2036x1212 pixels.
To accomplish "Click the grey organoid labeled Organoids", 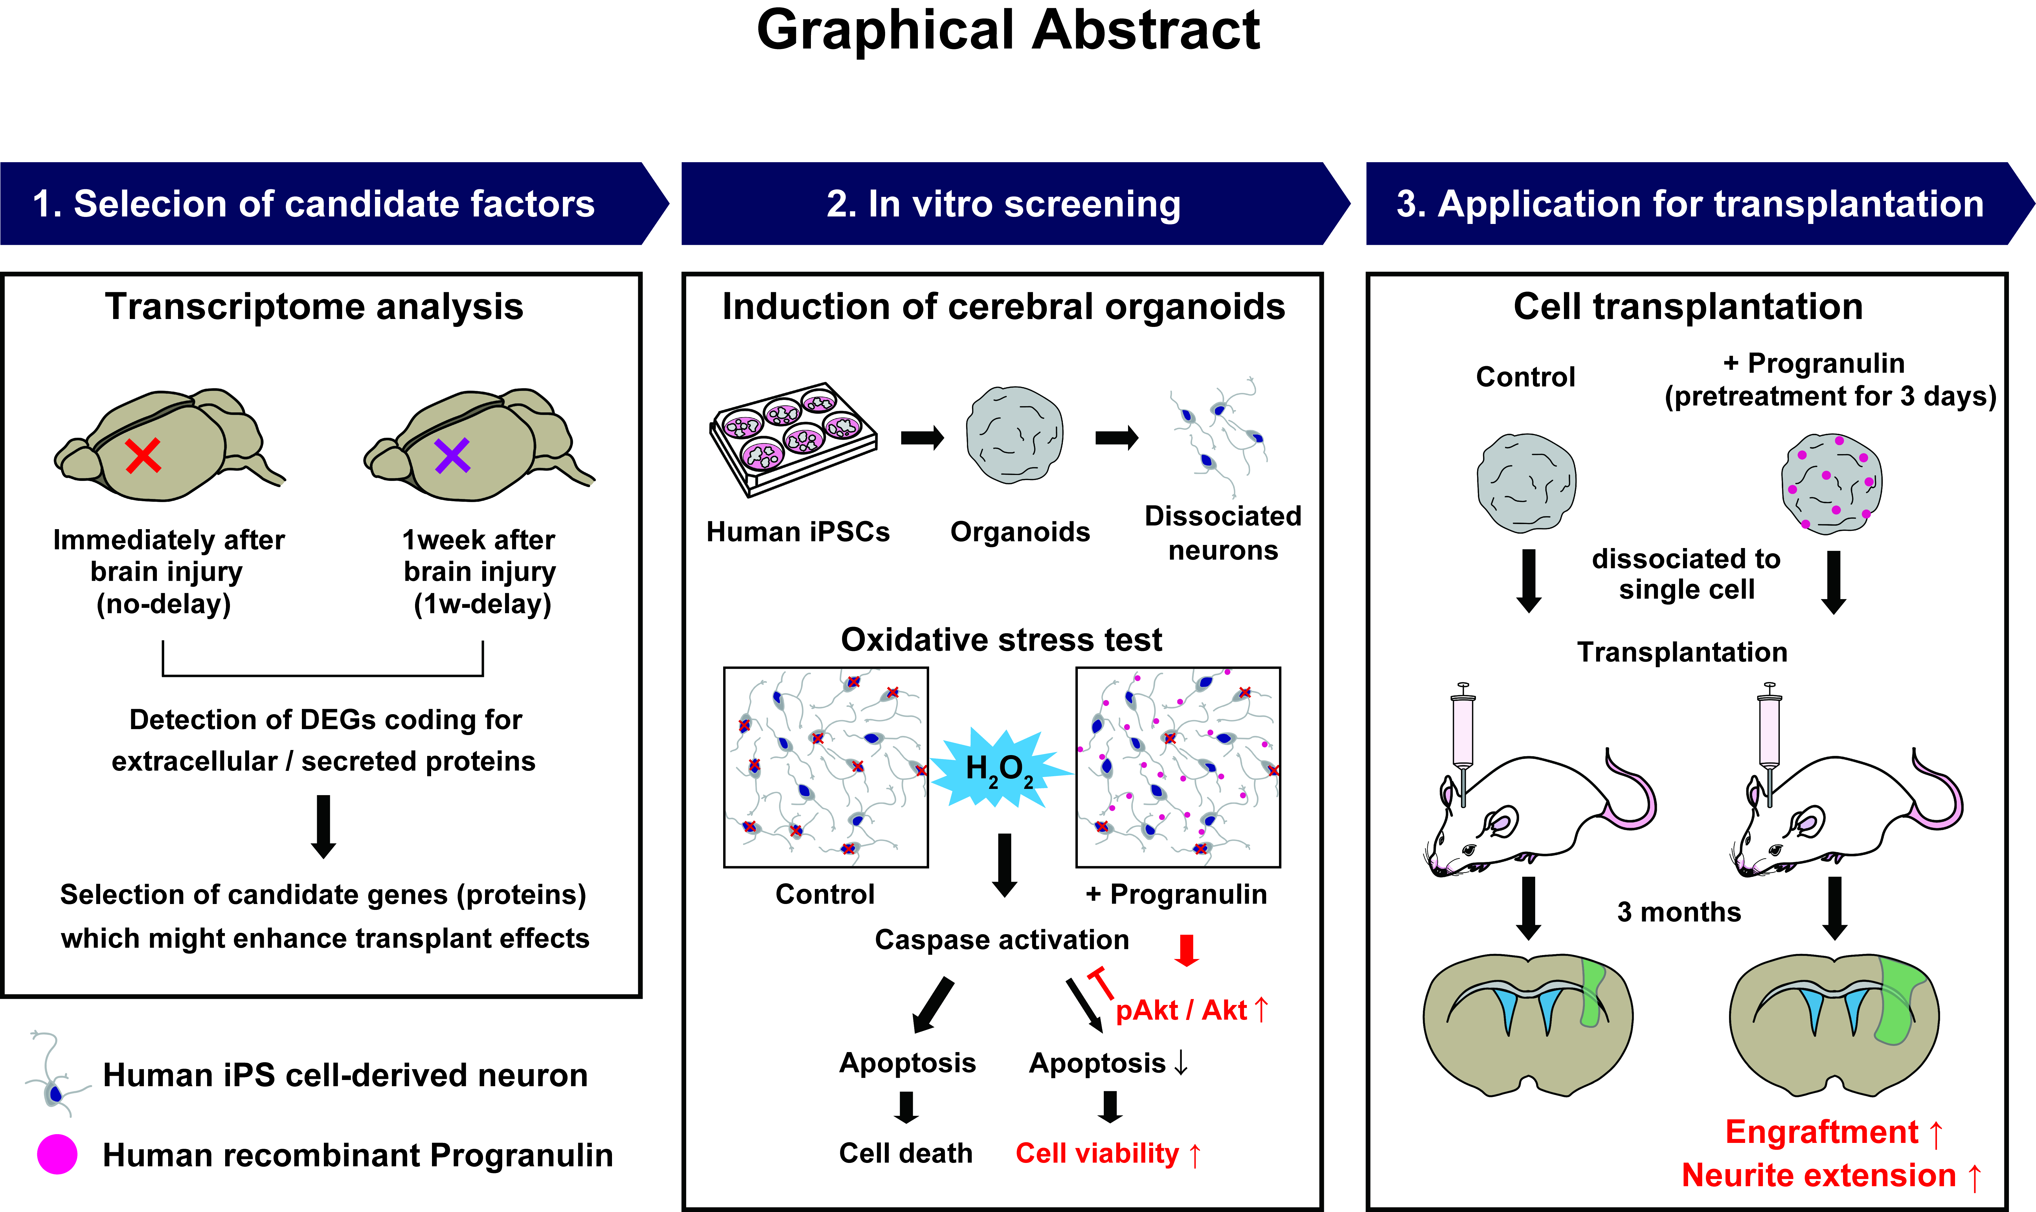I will point(1015,434).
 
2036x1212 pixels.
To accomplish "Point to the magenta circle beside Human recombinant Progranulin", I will point(57,1155).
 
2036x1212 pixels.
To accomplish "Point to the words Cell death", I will point(905,1153).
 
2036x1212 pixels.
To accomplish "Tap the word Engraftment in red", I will point(1821,1132).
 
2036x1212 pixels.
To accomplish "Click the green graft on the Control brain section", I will point(1592,992).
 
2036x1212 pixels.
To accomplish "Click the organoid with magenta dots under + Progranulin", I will point(1832,483).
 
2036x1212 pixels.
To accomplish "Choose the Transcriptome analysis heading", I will point(314,307).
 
